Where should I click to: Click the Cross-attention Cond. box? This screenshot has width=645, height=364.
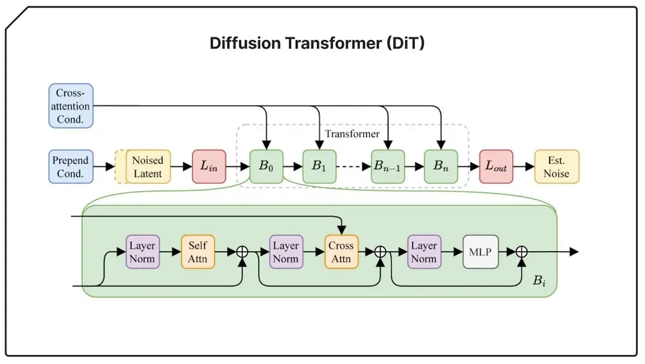point(71,106)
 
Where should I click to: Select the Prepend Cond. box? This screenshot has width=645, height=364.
point(71,167)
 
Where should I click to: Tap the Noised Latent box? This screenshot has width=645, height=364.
point(148,167)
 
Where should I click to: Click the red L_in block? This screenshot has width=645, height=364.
point(209,167)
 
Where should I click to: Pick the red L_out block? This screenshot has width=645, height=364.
point(496,167)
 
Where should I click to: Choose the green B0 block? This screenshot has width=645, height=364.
point(266,167)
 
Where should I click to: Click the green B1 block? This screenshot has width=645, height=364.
point(319,167)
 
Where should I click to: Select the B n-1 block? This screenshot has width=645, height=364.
point(388,167)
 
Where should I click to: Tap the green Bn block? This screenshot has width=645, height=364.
point(441,167)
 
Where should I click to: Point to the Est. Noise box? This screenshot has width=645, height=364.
point(557,167)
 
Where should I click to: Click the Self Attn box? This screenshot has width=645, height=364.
point(198,252)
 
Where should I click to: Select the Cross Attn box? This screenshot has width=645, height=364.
point(341,252)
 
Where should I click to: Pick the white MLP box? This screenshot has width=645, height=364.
point(481,252)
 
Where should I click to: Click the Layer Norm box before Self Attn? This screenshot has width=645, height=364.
point(143,252)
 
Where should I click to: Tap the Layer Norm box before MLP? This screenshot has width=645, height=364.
point(424,252)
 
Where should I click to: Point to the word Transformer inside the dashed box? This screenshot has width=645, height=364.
point(352,134)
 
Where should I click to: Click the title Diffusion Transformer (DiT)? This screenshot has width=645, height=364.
point(317,43)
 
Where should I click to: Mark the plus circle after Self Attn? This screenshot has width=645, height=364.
point(243,252)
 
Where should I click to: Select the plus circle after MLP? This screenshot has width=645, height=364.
point(522,252)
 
